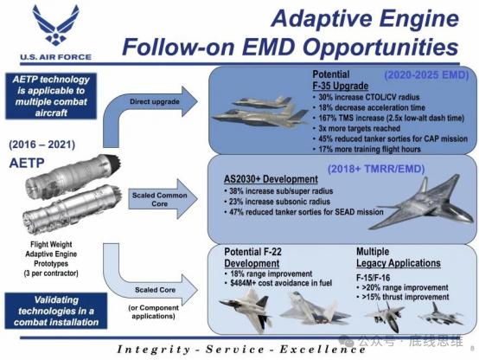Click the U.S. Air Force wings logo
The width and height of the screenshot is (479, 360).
56,25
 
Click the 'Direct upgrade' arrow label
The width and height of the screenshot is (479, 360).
154,101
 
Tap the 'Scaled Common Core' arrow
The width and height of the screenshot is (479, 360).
163,199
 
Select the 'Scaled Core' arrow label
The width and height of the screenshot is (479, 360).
155,290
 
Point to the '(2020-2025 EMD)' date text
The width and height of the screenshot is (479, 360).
426,75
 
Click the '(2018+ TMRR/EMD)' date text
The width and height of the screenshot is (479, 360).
376,169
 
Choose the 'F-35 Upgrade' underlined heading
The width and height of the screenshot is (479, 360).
340,86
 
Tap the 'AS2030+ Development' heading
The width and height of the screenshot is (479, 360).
271,179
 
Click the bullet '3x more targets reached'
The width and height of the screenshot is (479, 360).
356,128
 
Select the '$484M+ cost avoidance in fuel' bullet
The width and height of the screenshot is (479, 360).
278,283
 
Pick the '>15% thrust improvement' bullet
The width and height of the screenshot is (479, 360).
403,297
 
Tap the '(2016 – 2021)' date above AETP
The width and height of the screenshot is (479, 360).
42,145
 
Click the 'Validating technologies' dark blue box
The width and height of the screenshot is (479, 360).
56,311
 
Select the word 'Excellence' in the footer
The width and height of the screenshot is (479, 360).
323,350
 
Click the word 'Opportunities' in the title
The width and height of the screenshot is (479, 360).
380,48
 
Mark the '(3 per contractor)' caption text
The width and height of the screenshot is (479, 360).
51,273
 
